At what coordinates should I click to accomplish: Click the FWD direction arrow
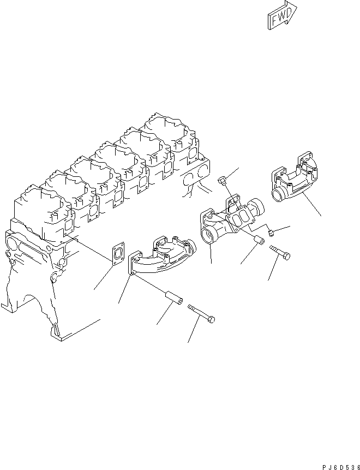(x=282, y=15)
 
